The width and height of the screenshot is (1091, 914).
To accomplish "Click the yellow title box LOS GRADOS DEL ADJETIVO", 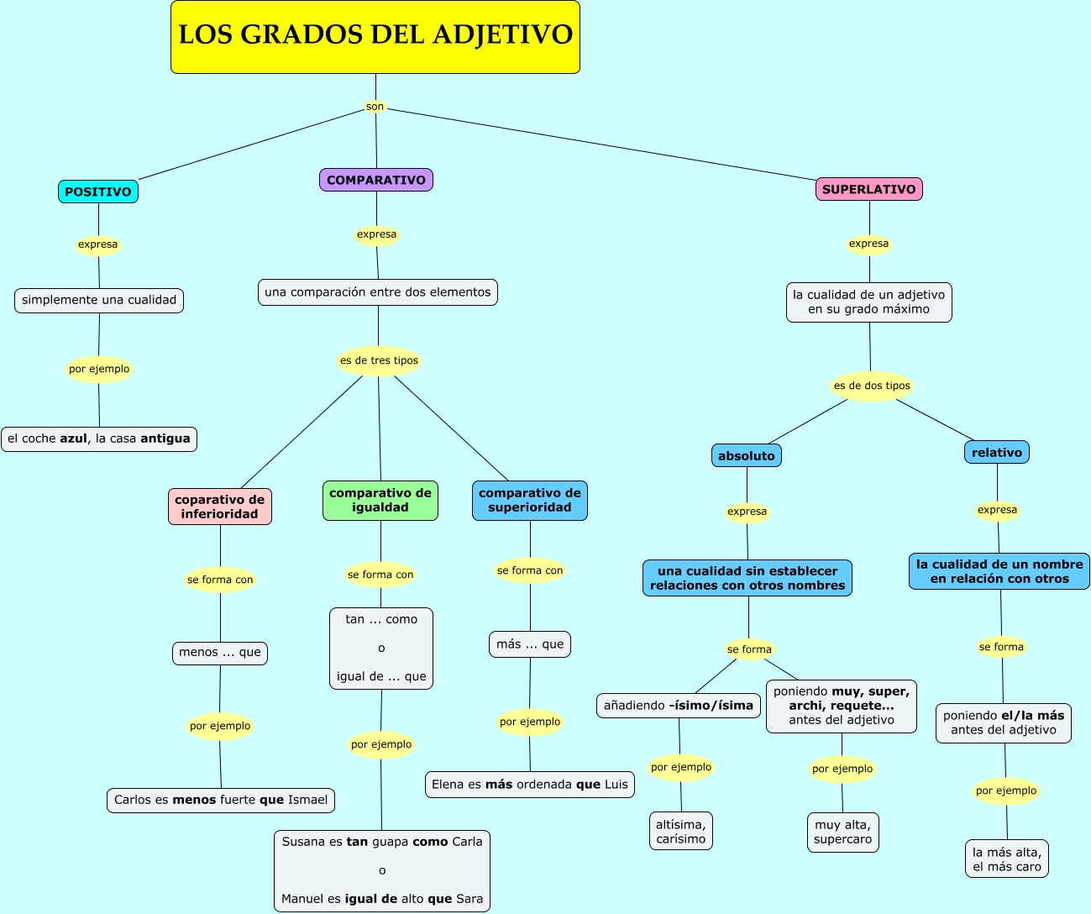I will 375,37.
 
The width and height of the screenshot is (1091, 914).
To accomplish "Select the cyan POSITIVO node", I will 98,192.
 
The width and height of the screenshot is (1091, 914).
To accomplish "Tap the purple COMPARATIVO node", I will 376,180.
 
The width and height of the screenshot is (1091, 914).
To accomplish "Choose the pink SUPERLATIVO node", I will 869,189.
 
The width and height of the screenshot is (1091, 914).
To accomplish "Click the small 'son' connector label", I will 375,107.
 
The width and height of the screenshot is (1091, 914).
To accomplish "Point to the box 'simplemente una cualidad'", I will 99,300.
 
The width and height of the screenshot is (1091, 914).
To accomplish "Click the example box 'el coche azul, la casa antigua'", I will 99,439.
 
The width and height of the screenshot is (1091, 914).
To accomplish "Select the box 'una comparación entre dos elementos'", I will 378,292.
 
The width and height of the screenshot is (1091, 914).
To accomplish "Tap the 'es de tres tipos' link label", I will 379,360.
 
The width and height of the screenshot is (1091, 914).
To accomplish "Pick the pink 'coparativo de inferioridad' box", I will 220,507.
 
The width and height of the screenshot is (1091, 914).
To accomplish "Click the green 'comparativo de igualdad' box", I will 380,500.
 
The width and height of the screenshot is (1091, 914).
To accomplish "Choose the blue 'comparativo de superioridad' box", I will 530,500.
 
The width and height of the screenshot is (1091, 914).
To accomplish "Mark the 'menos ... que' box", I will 220,652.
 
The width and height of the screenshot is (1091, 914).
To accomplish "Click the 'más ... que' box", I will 530,644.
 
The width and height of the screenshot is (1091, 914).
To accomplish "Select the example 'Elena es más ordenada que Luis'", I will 530,785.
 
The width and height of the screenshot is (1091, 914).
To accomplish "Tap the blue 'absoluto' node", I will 747,455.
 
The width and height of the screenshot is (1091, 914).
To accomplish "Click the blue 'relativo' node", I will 997,452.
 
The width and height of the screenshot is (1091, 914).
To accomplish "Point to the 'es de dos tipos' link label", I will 872,386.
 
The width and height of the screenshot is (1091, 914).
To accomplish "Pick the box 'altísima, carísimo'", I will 681,832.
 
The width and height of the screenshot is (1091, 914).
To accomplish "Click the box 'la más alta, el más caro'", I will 1007,859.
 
